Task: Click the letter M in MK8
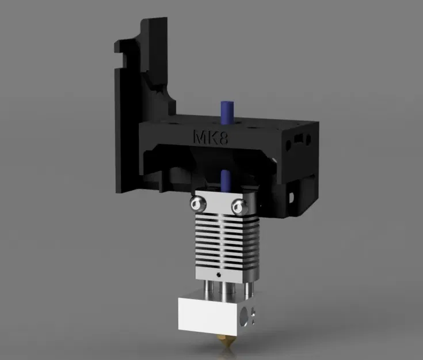click(x=198, y=137)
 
